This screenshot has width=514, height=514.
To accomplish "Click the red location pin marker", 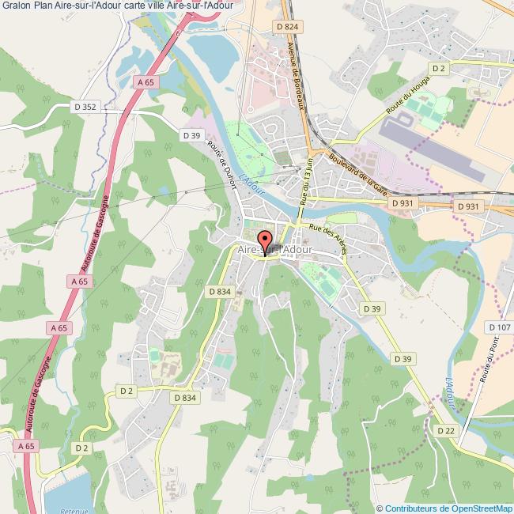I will coord(265,241).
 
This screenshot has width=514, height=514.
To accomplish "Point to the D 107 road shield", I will coord(500,327).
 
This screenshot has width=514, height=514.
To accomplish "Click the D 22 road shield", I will coord(446,429).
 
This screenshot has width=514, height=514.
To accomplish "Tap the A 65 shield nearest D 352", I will coord(144,82).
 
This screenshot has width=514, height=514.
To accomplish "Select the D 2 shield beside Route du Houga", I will coord(440,69).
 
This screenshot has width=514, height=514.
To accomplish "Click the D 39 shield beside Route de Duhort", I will coord(191,135).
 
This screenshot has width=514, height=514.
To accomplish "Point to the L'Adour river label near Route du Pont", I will coord(449,391).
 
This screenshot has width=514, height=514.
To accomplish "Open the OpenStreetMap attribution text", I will coord(445,508).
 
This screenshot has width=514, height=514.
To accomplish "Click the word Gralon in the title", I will coord(16,7).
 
